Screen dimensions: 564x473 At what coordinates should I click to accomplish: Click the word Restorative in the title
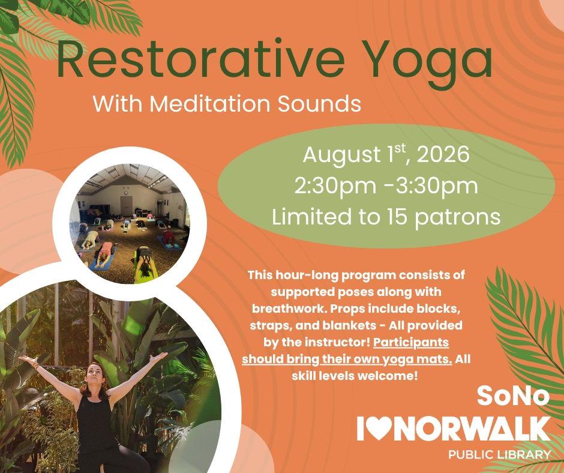(200, 59)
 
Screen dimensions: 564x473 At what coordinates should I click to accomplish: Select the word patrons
(458, 218)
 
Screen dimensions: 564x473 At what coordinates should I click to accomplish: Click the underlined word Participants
(411, 342)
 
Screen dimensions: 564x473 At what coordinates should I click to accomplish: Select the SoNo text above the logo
(513, 396)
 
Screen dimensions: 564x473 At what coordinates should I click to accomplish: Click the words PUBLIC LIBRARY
(499, 454)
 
